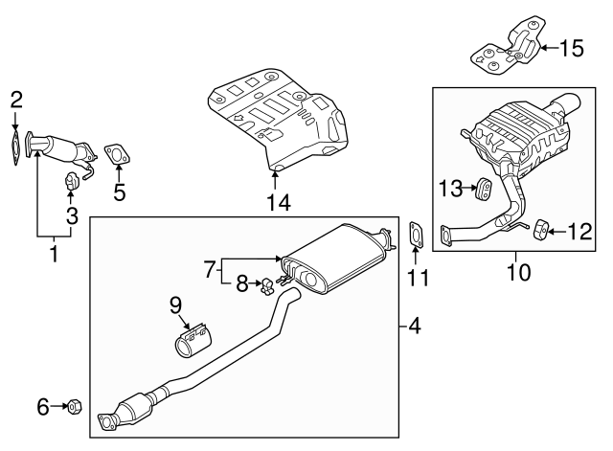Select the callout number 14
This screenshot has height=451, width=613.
(x=277, y=202)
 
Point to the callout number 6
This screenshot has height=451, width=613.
(x=43, y=407)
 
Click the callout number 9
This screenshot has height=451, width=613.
(x=175, y=305)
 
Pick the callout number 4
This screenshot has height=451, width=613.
(x=413, y=327)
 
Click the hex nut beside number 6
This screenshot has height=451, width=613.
(x=75, y=407)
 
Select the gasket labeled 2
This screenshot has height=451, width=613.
(x=15, y=147)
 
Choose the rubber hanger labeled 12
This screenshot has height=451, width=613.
(x=540, y=228)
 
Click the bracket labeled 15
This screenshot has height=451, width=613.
(x=507, y=46)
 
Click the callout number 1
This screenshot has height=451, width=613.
(x=54, y=255)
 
